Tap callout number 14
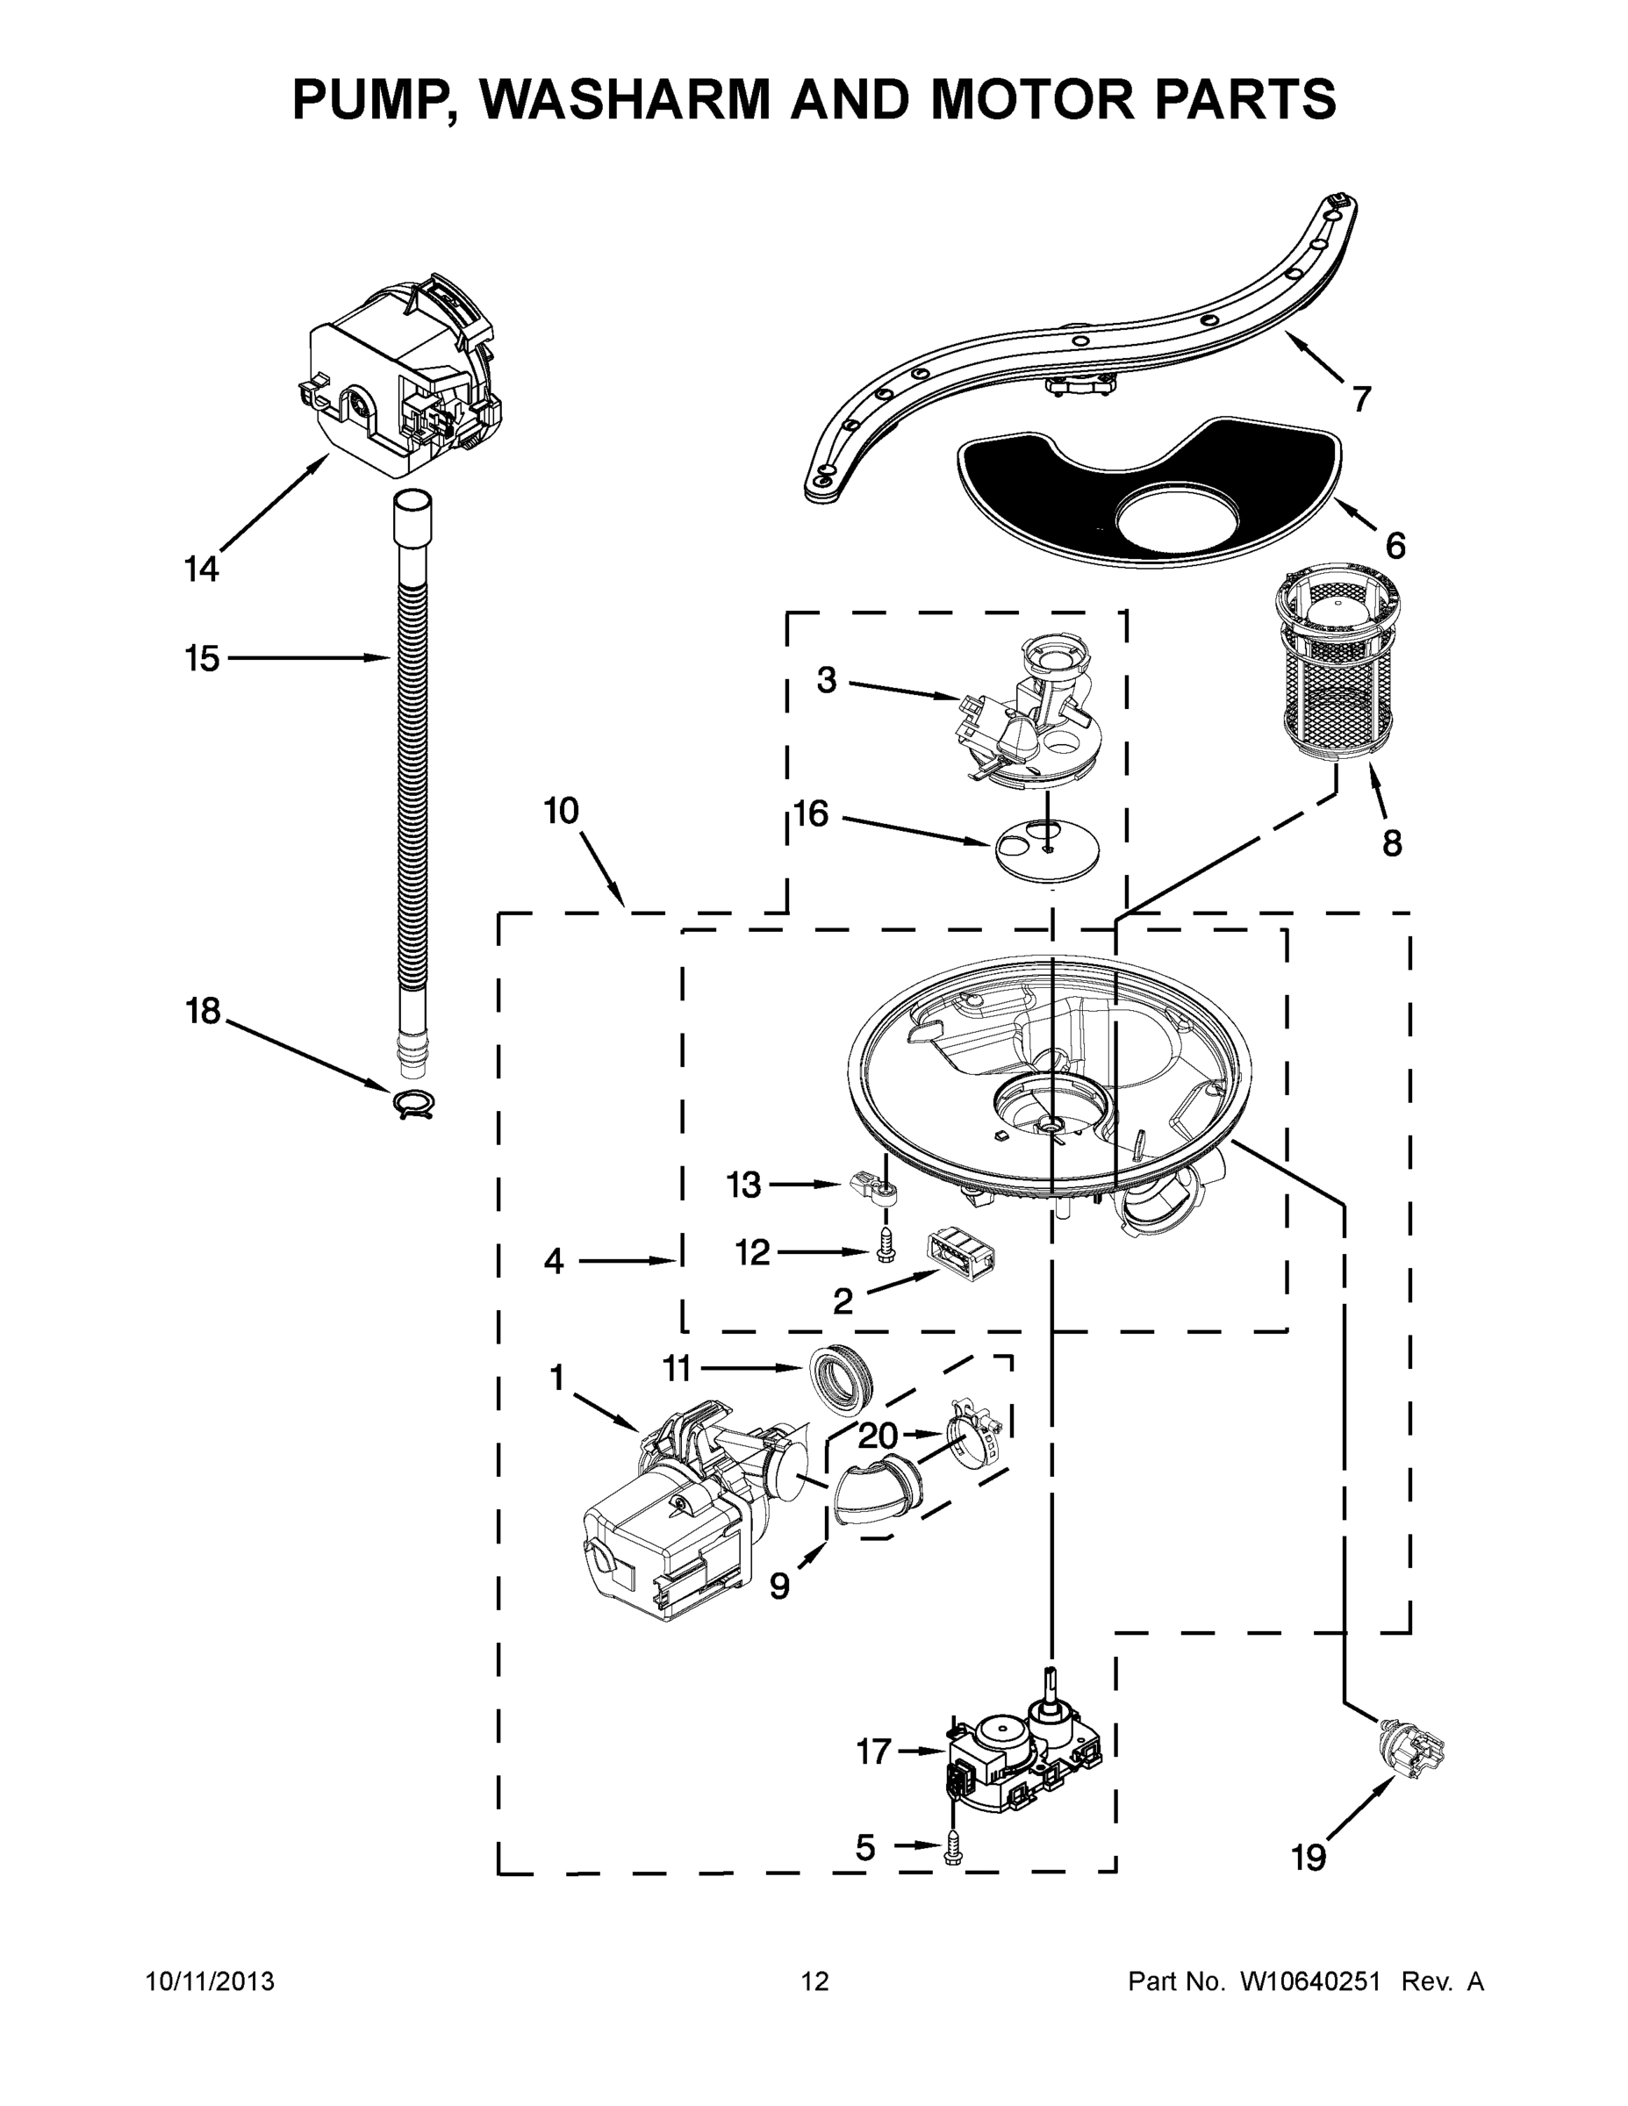click(202, 569)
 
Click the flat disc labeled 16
click(1047, 847)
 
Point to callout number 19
click(1309, 1856)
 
